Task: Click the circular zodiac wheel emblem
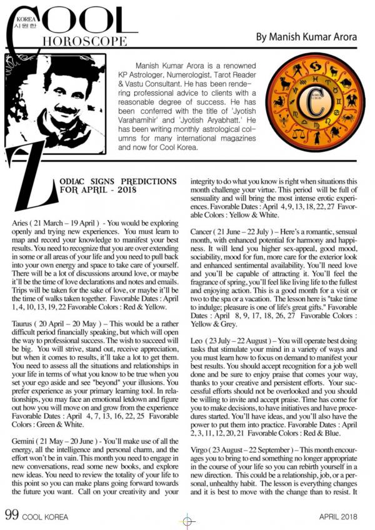tap(314, 104)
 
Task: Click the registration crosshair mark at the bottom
tap(187, 520)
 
